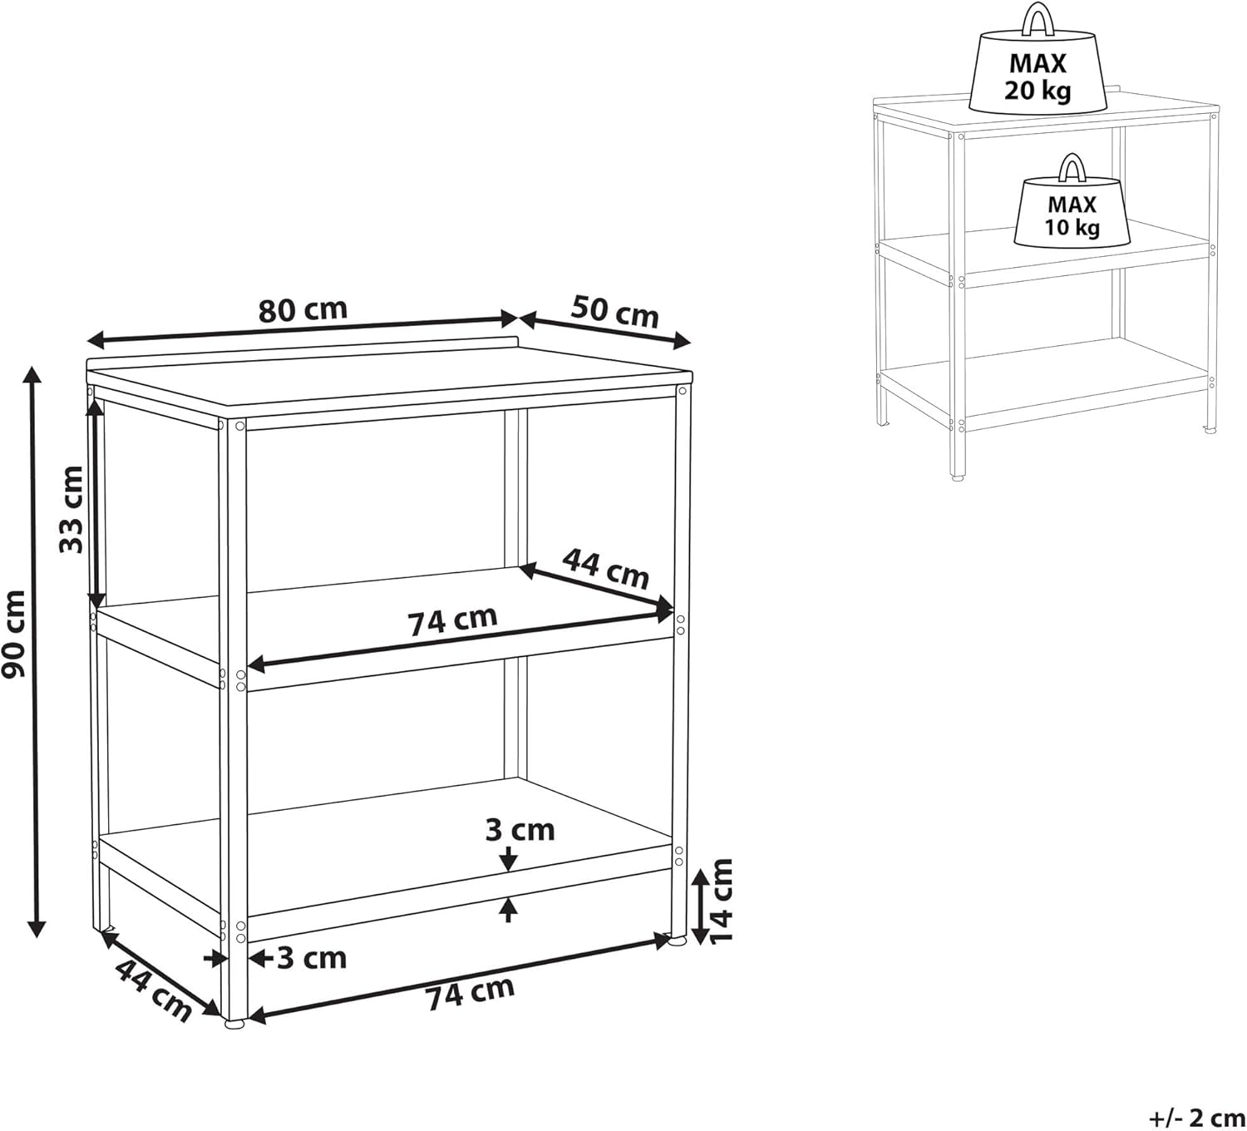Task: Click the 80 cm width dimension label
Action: click(x=303, y=310)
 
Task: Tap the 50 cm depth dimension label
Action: click(x=614, y=313)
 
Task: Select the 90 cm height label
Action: click(x=13, y=634)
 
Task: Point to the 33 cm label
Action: click(x=71, y=509)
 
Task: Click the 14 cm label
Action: click(x=721, y=901)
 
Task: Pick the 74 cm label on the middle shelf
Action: click(x=452, y=621)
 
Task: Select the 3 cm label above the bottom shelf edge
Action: click(x=520, y=831)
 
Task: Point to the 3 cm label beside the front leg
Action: click(x=312, y=958)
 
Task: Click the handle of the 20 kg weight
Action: click(x=1038, y=18)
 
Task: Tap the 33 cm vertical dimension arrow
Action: click(x=96, y=502)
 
